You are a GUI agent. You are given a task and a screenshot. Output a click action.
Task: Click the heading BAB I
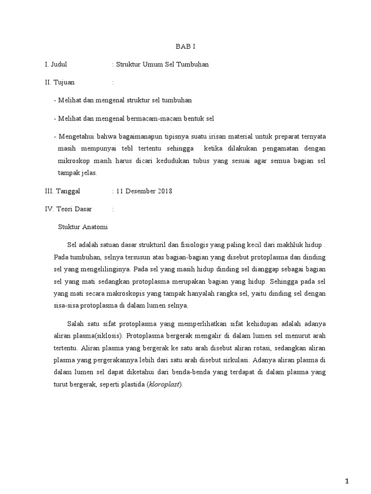tap(185, 46)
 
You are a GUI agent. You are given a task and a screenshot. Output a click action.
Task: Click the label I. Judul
tap(56, 64)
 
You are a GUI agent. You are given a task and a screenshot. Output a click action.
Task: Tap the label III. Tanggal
tap(62, 191)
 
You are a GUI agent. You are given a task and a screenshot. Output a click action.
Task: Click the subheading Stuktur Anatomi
tap(83, 227)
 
